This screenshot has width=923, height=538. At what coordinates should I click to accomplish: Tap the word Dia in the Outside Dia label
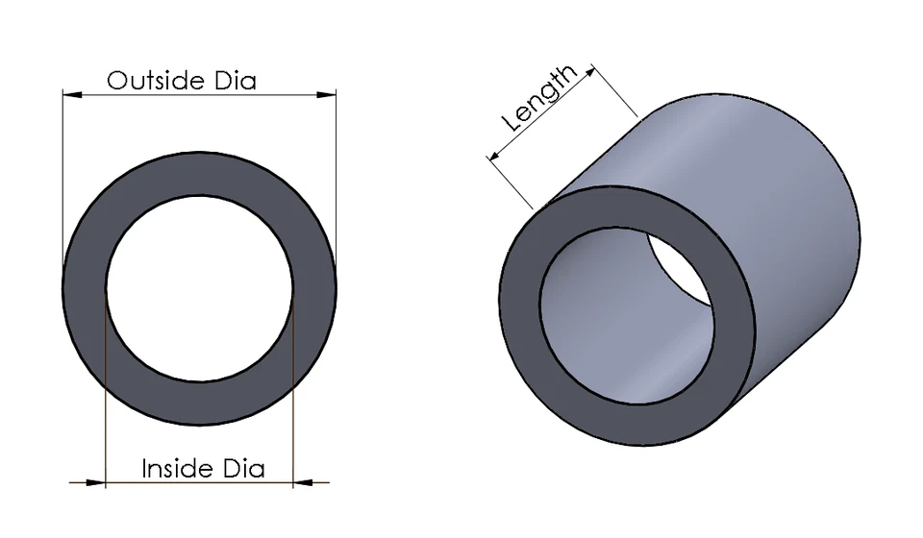pyautogui.click(x=232, y=80)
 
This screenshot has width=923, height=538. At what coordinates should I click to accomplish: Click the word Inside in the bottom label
pyautogui.click(x=177, y=468)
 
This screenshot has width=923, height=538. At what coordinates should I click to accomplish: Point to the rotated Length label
pyautogui.click(x=540, y=99)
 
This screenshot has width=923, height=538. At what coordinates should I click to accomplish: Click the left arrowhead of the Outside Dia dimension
pyautogui.click(x=70, y=93)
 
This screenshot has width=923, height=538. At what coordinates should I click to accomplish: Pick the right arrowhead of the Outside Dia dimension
pyautogui.click(x=329, y=93)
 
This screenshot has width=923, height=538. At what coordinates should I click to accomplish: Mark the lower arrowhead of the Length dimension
pyautogui.click(x=495, y=155)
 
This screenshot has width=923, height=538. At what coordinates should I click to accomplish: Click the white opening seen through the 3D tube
pyautogui.click(x=678, y=269)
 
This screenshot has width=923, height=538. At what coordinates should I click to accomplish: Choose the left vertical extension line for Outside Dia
pyautogui.click(x=63, y=173)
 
